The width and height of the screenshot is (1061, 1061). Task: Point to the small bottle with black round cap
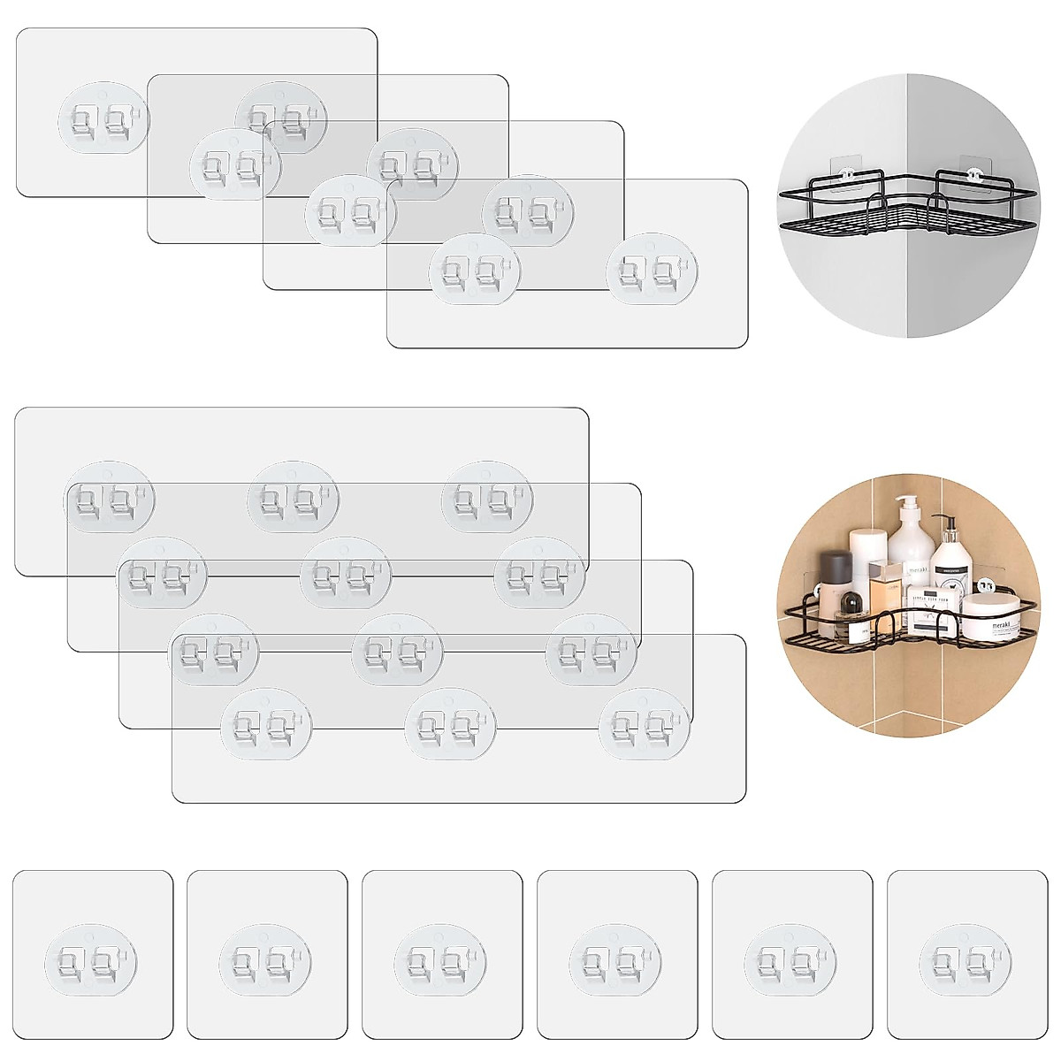coord(848,606)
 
